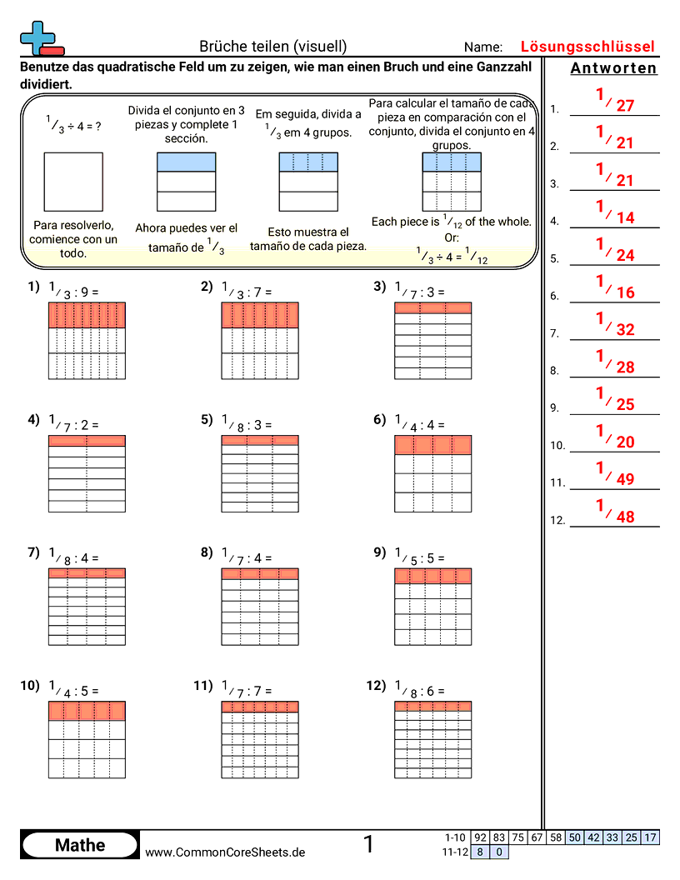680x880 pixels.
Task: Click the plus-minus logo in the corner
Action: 40,37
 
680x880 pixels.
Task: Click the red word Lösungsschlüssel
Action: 587,47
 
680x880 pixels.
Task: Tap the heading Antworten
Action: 613,68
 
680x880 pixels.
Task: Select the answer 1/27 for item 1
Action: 615,102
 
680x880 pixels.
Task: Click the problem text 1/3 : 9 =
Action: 74,291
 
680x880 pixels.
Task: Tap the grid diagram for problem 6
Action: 432,474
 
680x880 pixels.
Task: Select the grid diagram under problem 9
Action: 432,607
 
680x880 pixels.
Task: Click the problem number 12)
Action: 376,686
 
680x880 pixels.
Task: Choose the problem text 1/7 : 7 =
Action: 247,690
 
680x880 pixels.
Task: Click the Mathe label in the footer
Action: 80,845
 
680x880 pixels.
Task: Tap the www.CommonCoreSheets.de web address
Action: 225,852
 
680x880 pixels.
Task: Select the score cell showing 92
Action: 480,837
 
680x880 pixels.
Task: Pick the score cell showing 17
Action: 650,837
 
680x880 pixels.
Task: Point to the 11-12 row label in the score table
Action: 454,852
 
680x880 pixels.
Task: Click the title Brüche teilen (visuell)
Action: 273,47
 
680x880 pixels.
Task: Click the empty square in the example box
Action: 74,181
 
